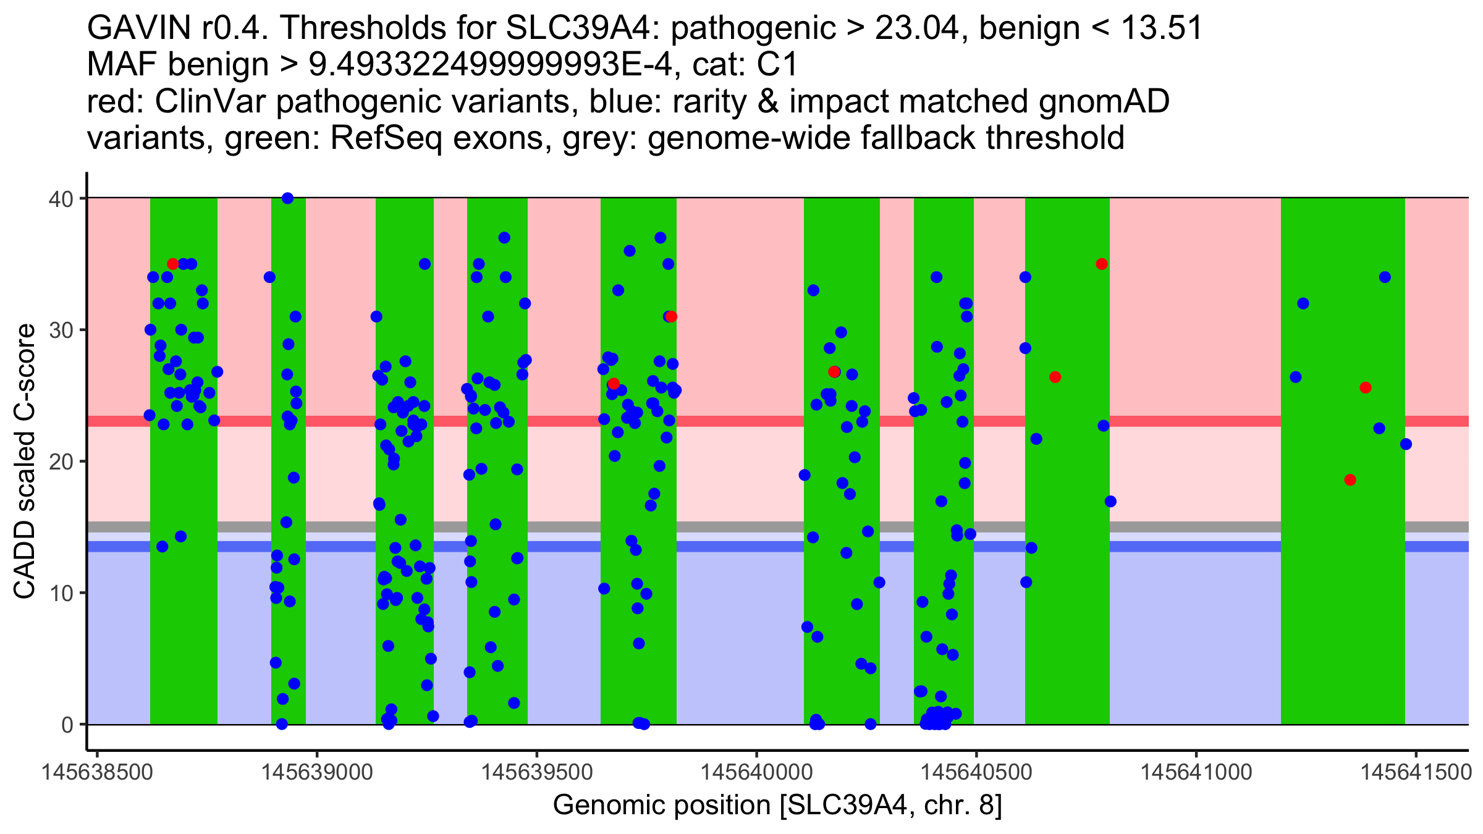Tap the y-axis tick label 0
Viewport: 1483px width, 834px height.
(67, 725)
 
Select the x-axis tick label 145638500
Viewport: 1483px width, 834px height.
(97, 772)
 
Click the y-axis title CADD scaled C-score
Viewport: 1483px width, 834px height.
(25, 461)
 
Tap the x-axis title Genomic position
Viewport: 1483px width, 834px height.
(777, 805)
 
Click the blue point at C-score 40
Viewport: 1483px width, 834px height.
(287, 198)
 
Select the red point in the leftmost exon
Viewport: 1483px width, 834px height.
(172, 264)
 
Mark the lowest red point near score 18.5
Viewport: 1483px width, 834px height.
(1350, 480)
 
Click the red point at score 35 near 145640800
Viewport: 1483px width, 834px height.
(1102, 264)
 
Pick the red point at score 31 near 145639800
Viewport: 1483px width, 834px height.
(671, 317)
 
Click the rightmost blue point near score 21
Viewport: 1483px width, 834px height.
(1406, 444)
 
